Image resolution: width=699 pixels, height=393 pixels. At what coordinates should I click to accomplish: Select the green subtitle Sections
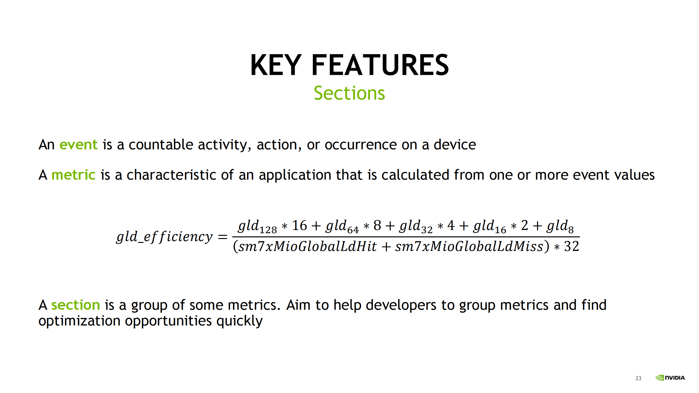click(349, 93)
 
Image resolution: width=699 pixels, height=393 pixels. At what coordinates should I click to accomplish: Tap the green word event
click(78, 145)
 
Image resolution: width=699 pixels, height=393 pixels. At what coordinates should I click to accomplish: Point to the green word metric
click(73, 175)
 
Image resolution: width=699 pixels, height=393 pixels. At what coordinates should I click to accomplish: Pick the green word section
click(76, 305)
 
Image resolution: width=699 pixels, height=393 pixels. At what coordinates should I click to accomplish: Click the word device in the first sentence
click(455, 144)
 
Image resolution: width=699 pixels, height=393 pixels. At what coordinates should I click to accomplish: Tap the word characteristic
click(171, 175)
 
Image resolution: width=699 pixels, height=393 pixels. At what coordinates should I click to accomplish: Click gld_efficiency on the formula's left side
click(165, 237)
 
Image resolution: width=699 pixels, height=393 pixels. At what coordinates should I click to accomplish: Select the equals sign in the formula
click(223, 237)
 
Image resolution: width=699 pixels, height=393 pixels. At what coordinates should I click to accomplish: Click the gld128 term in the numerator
click(257, 226)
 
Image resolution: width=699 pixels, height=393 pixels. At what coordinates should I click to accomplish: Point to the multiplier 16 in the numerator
click(299, 225)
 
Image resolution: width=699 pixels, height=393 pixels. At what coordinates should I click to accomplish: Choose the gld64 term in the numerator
click(342, 226)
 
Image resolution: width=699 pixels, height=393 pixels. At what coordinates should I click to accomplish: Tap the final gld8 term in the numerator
click(560, 226)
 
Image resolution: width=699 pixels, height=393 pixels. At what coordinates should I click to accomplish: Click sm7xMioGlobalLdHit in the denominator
click(308, 247)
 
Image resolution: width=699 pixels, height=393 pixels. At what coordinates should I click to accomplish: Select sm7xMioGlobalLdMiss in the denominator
click(469, 247)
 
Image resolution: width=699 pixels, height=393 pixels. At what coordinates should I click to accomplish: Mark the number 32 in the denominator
click(571, 247)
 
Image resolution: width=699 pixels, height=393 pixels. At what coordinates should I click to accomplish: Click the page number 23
click(638, 378)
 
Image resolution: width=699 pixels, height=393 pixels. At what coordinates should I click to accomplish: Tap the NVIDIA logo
click(670, 378)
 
